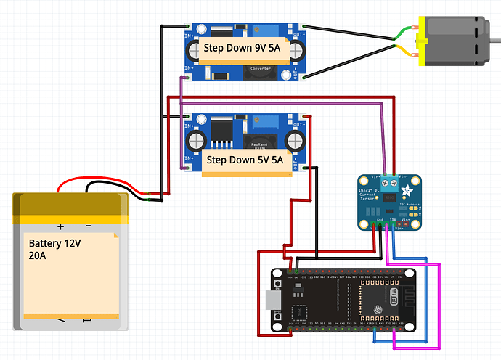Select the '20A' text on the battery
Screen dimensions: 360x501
tap(37, 256)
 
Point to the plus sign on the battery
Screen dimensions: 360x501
tap(61, 226)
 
